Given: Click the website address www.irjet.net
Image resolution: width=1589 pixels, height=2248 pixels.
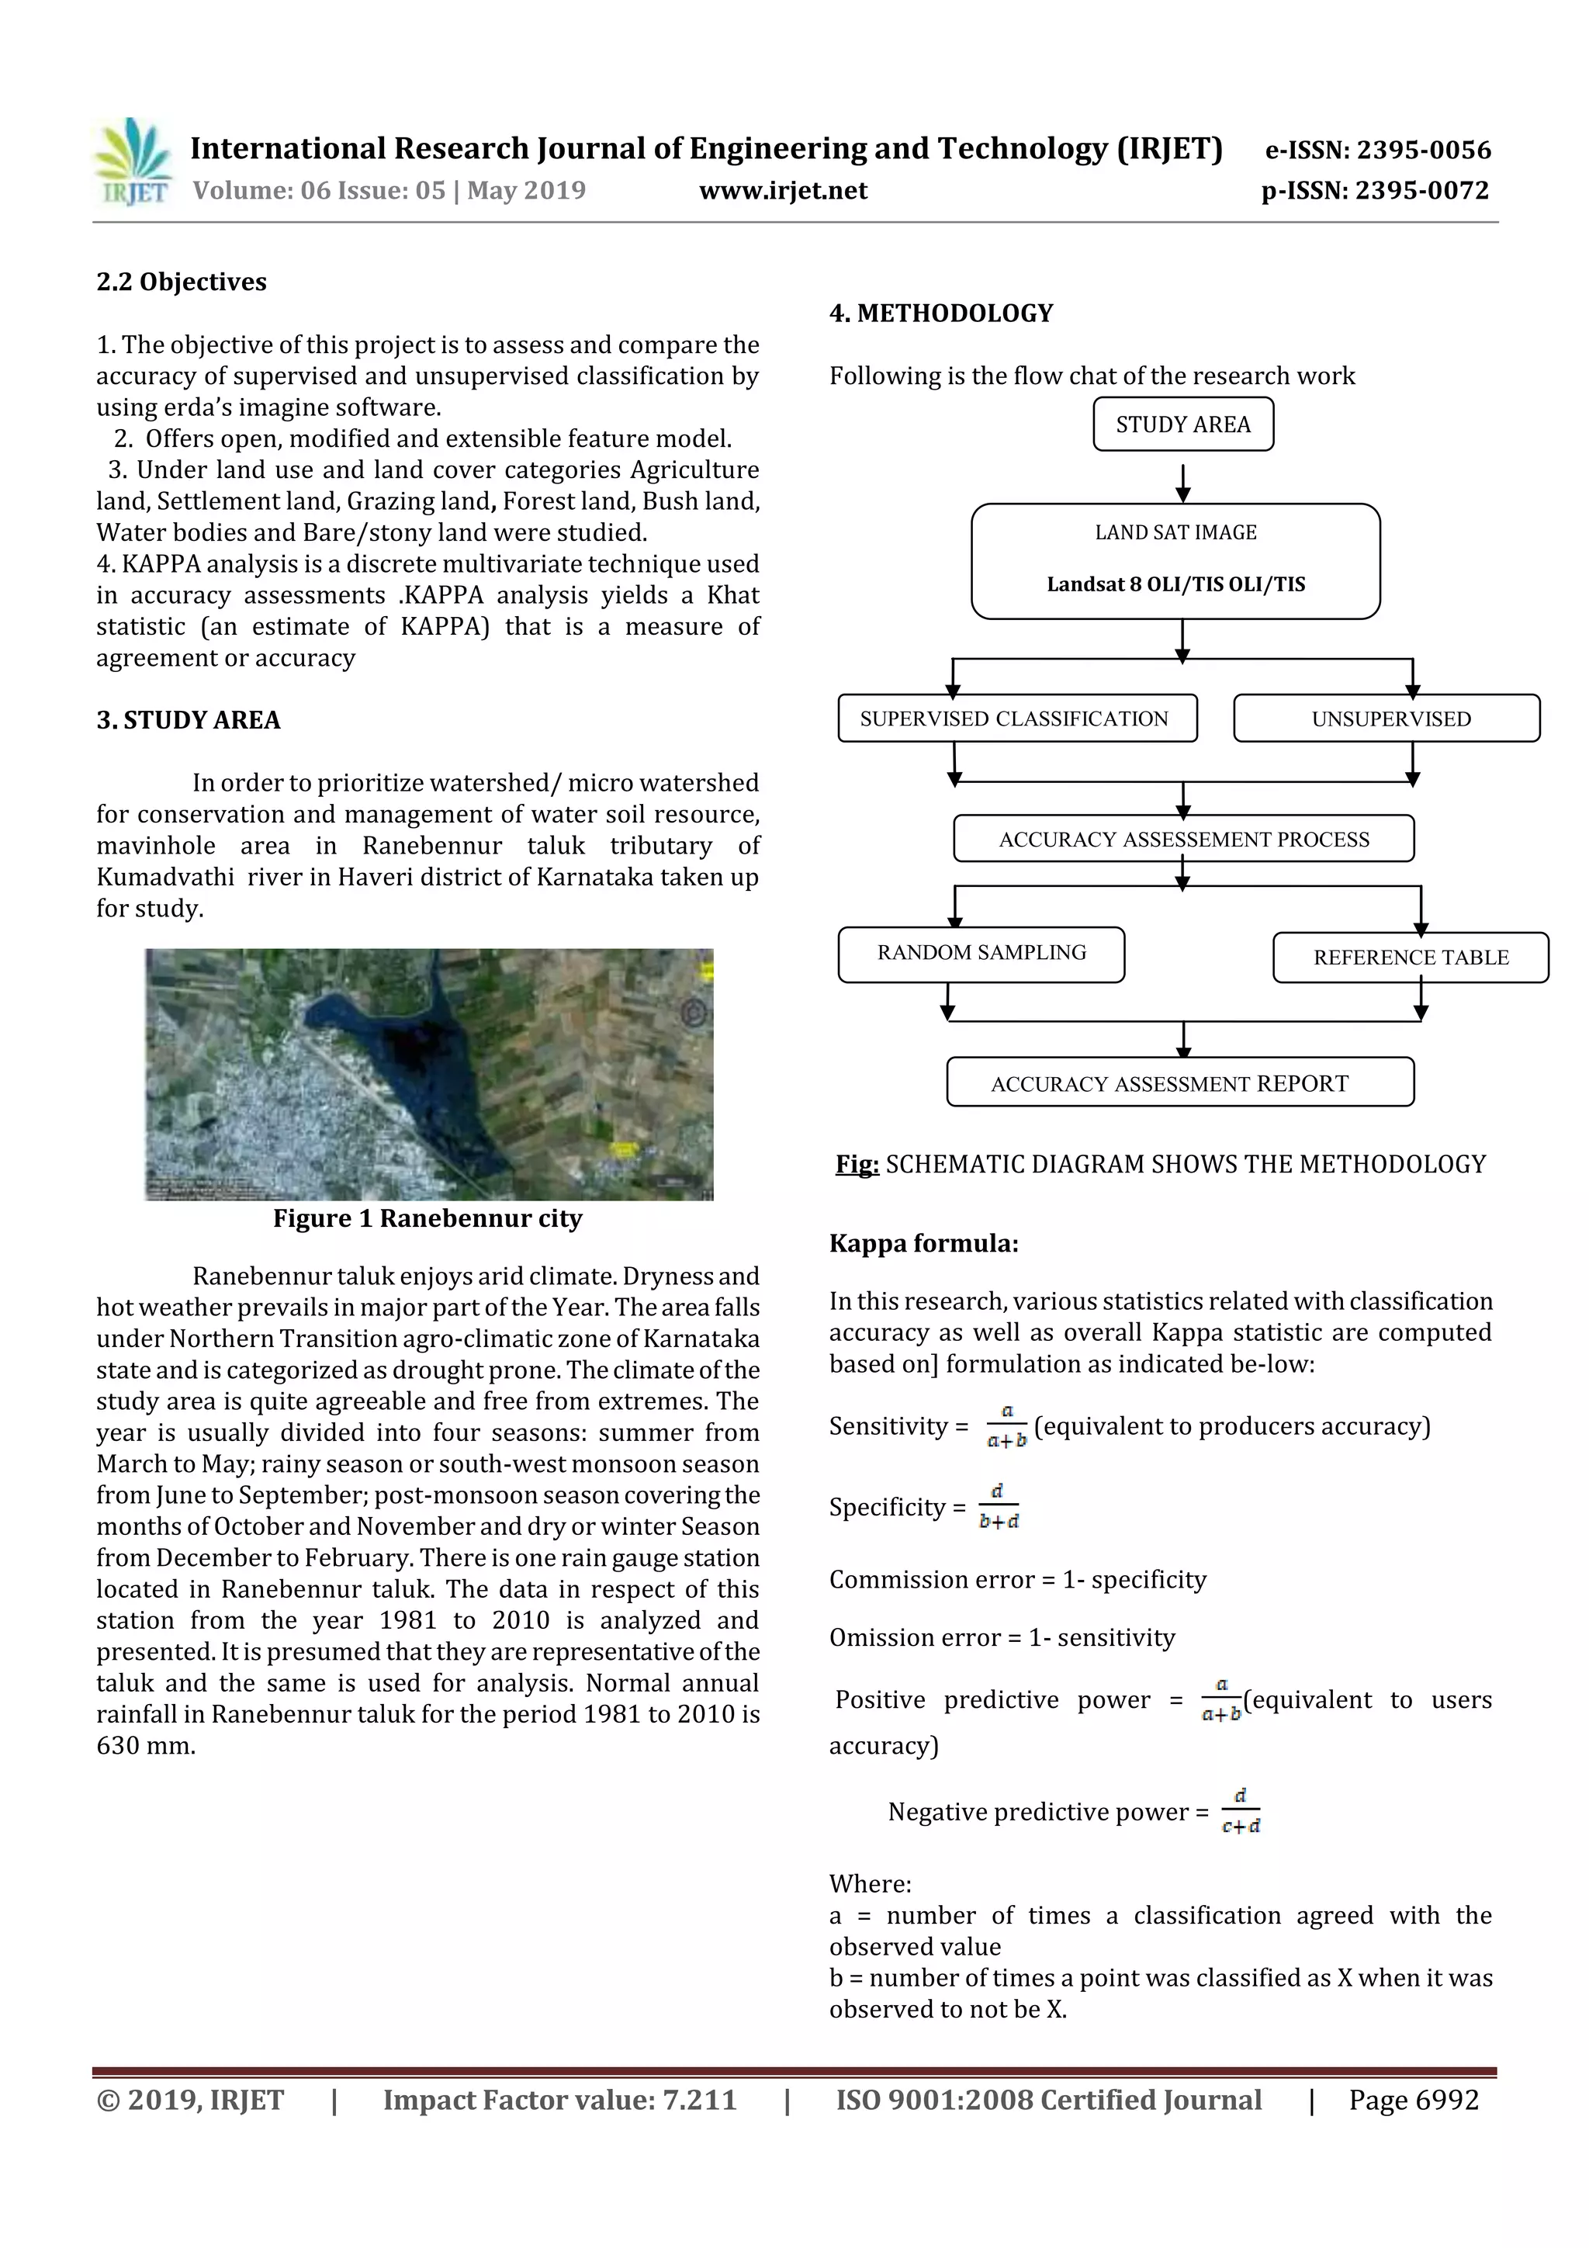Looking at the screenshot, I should [782, 191].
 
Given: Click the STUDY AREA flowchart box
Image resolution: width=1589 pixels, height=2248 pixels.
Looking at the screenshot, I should [1182, 424].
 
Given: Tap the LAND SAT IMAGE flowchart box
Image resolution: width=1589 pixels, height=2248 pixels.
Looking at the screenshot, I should [1175, 560].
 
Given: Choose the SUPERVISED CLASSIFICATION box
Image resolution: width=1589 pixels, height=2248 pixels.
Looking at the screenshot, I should [1016, 718].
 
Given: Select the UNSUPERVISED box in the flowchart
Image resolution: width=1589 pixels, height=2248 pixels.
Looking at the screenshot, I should [1386, 718].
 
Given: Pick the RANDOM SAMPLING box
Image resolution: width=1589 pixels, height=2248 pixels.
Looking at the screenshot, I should [981, 953].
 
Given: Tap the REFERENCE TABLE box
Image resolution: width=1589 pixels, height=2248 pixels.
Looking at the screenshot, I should [1410, 957].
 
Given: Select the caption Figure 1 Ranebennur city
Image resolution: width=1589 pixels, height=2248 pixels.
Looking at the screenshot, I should [427, 1218].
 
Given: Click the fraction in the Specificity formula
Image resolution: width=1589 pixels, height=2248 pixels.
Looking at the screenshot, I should [999, 1506].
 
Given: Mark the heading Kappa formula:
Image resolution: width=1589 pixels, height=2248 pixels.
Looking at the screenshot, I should [923, 1243].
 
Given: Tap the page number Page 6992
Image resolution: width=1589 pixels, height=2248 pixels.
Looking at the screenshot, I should [1413, 2099].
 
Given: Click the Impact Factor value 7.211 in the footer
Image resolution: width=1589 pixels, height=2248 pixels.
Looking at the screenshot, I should [699, 2099].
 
